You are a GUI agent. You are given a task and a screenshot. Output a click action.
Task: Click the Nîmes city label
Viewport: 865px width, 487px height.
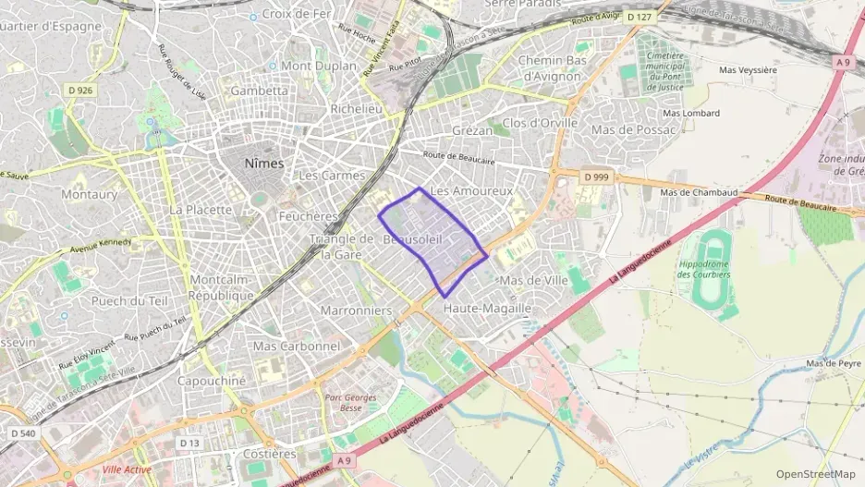[x=263, y=163]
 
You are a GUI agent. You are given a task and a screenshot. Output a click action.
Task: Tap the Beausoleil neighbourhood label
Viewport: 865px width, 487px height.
[x=417, y=240]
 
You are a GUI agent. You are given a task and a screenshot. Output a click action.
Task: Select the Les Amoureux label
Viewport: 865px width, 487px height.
[x=471, y=190]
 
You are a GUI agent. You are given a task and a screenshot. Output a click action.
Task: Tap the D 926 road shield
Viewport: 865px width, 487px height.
[x=79, y=90]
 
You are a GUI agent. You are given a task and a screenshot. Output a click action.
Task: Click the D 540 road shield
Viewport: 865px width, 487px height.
[x=23, y=432]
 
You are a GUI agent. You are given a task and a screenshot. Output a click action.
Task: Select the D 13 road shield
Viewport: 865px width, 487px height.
[x=189, y=444]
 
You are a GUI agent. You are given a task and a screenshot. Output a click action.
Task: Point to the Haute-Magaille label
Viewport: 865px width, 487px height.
[x=487, y=308]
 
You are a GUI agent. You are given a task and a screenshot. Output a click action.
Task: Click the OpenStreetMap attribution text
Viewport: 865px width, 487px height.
[x=815, y=475]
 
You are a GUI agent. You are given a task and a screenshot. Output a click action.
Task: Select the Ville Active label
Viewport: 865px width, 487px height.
[x=127, y=469]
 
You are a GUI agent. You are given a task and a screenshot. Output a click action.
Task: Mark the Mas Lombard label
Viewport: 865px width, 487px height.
[x=690, y=113]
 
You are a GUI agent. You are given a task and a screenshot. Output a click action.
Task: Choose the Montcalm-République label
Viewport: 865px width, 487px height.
[x=221, y=287]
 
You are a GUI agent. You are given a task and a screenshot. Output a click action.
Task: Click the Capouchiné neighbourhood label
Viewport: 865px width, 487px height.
[x=211, y=381]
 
